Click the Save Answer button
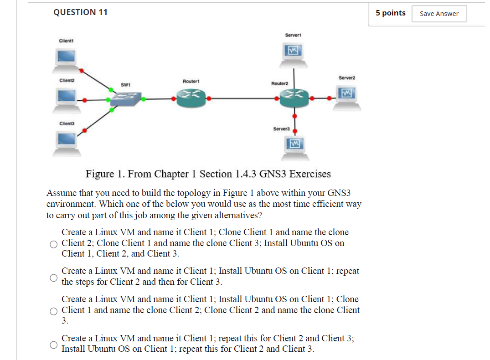click(439, 14)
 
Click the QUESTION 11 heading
click(80, 12)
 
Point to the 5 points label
click(390, 13)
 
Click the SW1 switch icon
click(125, 98)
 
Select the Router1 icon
click(191, 98)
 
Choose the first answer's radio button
click(54, 244)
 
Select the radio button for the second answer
click(54, 277)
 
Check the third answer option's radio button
click(54, 311)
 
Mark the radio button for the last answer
click(54, 345)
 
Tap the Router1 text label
click(191, 81)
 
